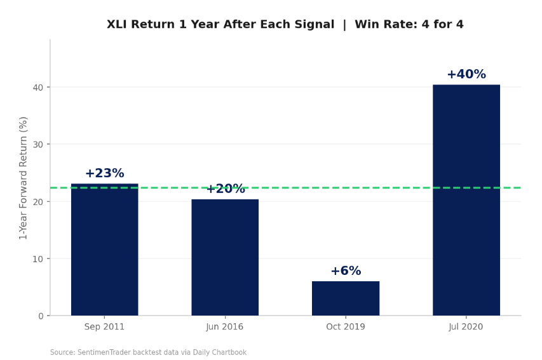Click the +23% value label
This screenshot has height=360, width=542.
[104, 173]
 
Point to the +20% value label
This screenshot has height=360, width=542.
[225, 189]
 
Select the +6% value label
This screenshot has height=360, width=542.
[346, 271]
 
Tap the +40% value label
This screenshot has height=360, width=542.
[466, 75]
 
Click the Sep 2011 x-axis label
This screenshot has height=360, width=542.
[104, 327]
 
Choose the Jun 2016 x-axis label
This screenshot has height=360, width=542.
[225, 327]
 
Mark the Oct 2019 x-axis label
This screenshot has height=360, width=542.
[346, 327]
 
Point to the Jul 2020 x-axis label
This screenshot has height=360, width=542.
[466, 327]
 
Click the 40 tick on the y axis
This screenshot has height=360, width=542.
[38, 87]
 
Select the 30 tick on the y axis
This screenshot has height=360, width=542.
[38, 144]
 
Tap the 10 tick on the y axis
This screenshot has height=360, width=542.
[38, 258]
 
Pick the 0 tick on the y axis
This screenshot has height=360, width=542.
[41, 316]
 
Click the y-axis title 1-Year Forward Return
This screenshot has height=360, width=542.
[24, 178]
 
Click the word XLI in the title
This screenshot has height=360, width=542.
[118, 25]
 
